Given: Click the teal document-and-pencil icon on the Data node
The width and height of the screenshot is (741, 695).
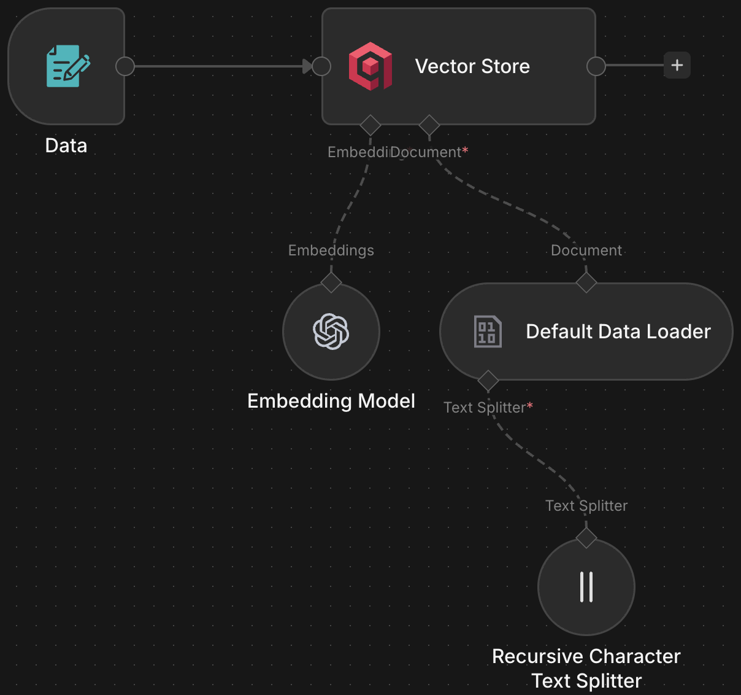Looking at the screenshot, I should pyautogui.click(x=67, y=66).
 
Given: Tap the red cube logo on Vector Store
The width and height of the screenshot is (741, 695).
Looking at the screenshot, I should pyautogui.click(x=370, y=66).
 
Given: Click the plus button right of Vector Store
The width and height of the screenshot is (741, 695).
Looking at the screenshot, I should pyautogui.click(x=677, y=65).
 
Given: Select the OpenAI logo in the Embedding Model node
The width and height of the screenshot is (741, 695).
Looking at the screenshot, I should pyautogui.click(x=331, y=332).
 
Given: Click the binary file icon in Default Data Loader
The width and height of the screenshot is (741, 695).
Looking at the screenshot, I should pyautogui.click(x=488, y=332).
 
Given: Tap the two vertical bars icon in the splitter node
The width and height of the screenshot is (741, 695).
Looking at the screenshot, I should pyautogui.click(x=586, y=587).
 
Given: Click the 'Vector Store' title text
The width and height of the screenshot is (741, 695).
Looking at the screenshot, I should pyautogui.click(x=472, y=66).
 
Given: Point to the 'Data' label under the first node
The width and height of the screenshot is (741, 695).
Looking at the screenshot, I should pyautogui.click(x=66, y=146).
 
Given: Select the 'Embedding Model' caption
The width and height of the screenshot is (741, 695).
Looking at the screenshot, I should pyautogui.click(x=331, y=401).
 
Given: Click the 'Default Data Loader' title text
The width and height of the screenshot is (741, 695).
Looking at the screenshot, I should pyautogui.click(x=618, y=332).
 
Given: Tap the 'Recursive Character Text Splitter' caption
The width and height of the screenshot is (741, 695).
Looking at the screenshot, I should pyautogui.click(x=586, y=668).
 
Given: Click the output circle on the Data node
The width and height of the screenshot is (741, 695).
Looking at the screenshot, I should pyautogui.click(x=125, y=66).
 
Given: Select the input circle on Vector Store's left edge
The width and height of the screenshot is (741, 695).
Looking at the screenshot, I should pyautogui.click(x=321, y=66).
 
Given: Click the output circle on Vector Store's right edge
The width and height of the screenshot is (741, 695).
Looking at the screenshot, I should pyautogui.click(x=596, y=66).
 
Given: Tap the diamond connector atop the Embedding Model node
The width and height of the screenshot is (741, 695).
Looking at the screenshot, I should pyautogui.click(x=331, y=282).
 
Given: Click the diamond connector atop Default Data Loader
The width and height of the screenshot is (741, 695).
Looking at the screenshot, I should pyautogui.click(x=586, y=282).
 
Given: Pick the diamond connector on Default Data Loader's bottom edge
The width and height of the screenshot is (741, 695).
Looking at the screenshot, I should pyautogui.click(x=488, y=381).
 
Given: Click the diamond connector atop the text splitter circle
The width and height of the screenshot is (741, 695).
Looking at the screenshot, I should pyautogui.click(x=586, y=538).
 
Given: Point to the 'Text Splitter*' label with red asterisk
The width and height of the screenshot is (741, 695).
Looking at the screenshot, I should pyautogui.click(x=488, y=408).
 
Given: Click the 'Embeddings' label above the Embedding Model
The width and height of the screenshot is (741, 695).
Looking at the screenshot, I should pyautogui.click(x=331, y=250).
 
